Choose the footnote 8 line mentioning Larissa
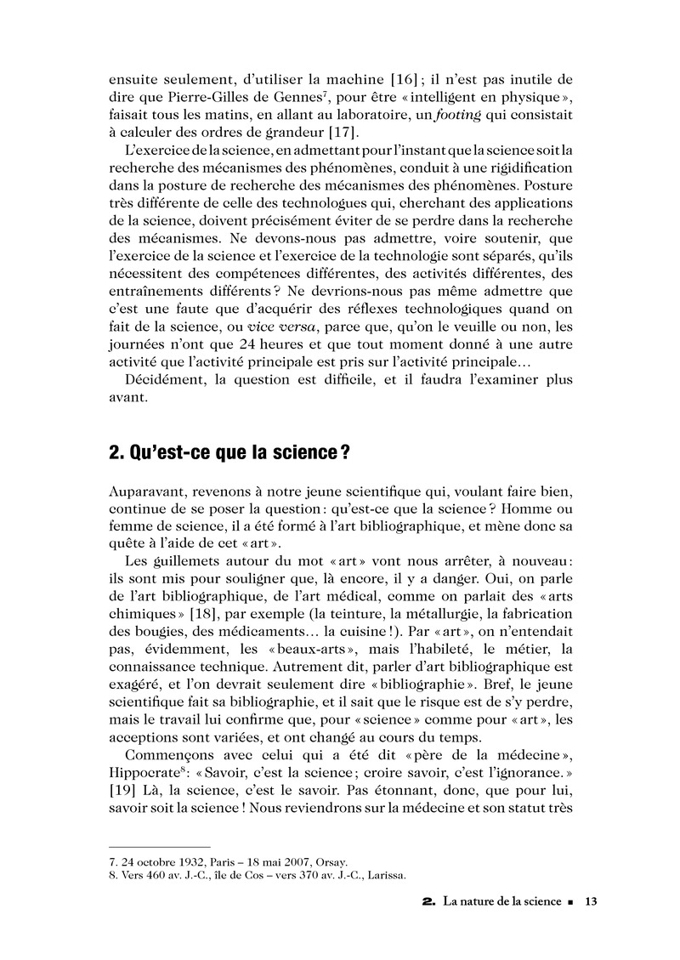pyautogui.click(x=258, y=873)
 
